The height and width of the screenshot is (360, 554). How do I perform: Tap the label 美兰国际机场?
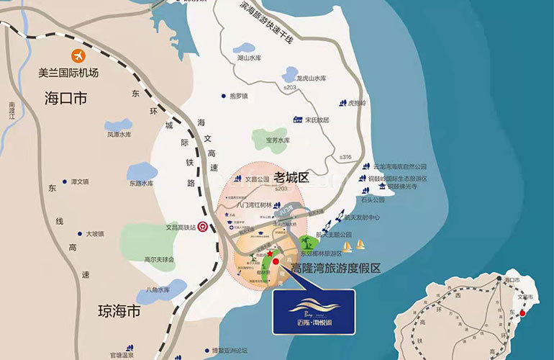[x=68, y=73]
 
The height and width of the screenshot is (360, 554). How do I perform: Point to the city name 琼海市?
[x=119, y=312]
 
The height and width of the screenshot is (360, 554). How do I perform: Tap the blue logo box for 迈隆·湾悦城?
[x=314, y=312]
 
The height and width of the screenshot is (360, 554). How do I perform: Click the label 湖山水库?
[x=250, y=57]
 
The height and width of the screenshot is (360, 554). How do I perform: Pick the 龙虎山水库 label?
[x=312, y=78]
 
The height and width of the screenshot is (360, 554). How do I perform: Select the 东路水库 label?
[x=142, y=183]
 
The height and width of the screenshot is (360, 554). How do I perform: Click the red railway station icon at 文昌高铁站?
[x=204, y=226]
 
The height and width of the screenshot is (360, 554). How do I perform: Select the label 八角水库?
[x=158, y=289]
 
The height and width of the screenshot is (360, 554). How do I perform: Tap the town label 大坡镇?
[x=95, y=233]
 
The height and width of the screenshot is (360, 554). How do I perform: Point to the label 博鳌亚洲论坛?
[x=235, y=352]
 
